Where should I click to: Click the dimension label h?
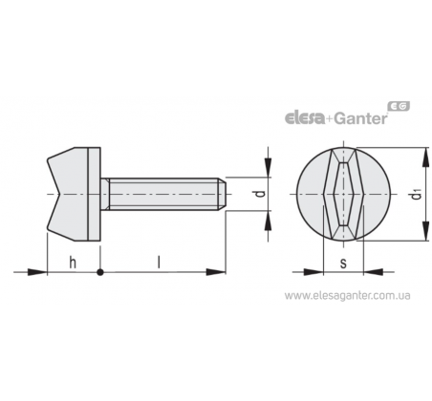[73, 263]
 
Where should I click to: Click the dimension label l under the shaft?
[159, 263]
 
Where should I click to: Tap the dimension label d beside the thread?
[261, 193]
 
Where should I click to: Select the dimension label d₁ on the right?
[416, 194]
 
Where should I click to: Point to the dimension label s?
[343, 264]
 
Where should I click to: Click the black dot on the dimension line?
[100, 272]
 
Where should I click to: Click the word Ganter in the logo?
[361, 118]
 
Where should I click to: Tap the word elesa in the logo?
[305, 118]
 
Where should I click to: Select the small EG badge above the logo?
[399, 106]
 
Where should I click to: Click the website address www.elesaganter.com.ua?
[348, 296]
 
